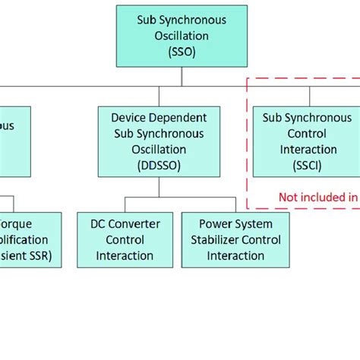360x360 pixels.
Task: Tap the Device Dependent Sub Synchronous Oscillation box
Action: point(159,141)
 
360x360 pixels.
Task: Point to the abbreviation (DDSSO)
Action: point(159,165)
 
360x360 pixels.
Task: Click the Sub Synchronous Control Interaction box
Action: point(307,141)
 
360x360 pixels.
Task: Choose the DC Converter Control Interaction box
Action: point(125,239)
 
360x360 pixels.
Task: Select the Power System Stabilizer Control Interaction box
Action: point(235,239)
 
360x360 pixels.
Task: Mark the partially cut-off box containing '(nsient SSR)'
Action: point(30,239)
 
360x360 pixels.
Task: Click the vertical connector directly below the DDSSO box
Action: point(159,187)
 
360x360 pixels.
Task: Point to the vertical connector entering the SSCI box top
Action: point(309,96)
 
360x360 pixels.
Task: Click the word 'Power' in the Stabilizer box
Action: point(215,224)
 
